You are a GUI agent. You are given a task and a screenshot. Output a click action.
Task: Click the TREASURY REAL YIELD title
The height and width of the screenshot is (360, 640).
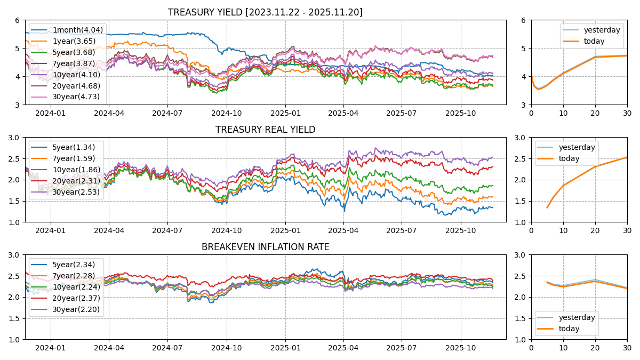tap(265, 130)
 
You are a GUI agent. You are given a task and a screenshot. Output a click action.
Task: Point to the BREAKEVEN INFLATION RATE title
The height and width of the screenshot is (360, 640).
tap(265, 247)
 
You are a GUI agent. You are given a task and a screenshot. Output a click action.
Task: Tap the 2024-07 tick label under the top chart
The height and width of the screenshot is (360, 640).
tap(167, 113)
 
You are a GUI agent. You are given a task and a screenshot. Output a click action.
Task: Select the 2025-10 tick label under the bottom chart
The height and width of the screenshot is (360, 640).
tap(460, 348)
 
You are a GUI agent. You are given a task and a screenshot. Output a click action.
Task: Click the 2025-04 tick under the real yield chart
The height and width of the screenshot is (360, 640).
tap(343, 230)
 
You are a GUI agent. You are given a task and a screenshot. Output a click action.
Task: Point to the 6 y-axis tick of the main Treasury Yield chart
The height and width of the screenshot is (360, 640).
tap(18, 20)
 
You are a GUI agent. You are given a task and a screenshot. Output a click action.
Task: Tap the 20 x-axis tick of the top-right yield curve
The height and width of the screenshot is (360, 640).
tap(595, 113)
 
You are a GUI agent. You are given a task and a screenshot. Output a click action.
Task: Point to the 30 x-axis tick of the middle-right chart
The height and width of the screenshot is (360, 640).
tap(627, 230)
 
